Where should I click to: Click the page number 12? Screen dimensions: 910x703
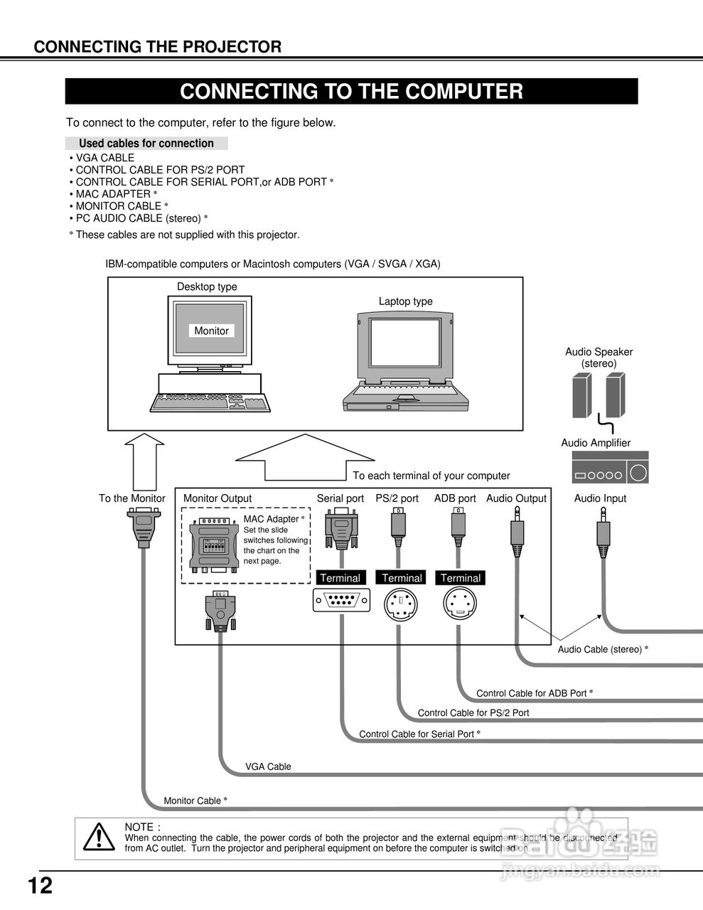(x=40, y=886)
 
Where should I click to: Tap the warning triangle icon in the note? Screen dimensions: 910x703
(x=99, y=837)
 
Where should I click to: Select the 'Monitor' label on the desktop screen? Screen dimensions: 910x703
(x=211, y=331)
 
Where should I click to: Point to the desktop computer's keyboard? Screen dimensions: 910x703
(x=210, y=403)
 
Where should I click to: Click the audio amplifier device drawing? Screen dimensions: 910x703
(x=610, y=469)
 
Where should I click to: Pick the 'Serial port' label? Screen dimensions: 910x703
(x=340, y=498)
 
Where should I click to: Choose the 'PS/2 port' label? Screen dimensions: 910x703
(x=397, y=498)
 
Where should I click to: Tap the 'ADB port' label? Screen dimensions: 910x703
(x=455, y=498)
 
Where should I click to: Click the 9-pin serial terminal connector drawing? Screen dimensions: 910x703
(x=341, y=601)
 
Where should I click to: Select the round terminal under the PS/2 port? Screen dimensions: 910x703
(x=401, y=606)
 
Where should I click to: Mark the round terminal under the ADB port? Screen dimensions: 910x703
(x=460, y=606)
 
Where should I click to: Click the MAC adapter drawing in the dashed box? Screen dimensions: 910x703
(x=214, y=545)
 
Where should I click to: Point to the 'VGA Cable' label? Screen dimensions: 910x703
(x=268, y=766)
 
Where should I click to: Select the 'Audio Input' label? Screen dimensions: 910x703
(x=600, y=498)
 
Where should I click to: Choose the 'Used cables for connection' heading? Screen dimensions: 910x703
(x=146, y=143)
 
